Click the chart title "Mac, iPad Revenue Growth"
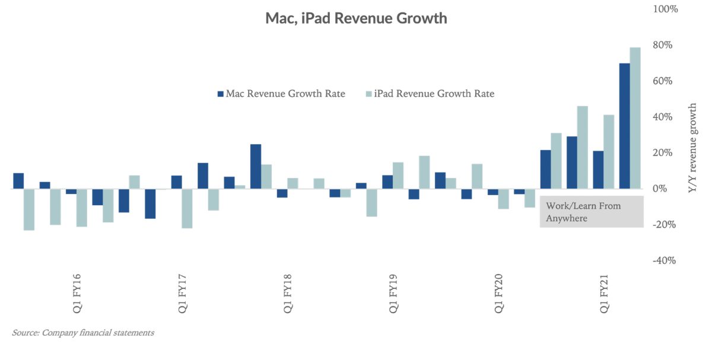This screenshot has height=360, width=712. pyautogui.click(x=356, y=18)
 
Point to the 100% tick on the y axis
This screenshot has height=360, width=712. pyautogui.click(x=665, y=9)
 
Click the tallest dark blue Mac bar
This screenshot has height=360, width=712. pyautogui.click(x=624, y=126)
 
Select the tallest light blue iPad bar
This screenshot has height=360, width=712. pyautogui.click(x=635, y=118)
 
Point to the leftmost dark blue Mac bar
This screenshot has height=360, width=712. pyautogui.click(x=18, y=181)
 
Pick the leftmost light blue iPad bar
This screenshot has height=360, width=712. pyautogui.click(x=29, y=209)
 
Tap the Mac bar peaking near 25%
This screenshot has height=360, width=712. pyautogui.click(x=256, y=167)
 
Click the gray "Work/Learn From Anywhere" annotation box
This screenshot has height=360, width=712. pyautogui.click(x=591, y=212)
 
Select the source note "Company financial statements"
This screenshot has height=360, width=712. pyautogui.click(x=83, y=333)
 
